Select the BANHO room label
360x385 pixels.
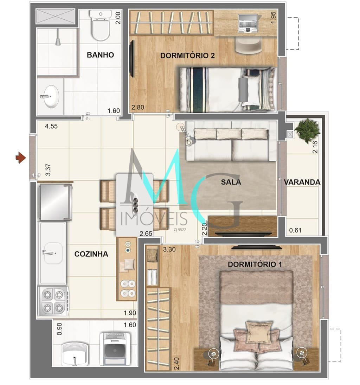point(100,55)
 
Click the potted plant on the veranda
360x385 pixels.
point(307,130)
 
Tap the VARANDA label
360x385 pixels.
point(302,182)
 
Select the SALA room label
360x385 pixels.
point(231,182)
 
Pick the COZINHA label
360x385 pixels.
point(91,254)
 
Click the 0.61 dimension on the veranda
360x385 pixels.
point(295,231)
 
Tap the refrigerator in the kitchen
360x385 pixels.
point(55,201)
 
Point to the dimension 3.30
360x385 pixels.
point(169,250)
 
